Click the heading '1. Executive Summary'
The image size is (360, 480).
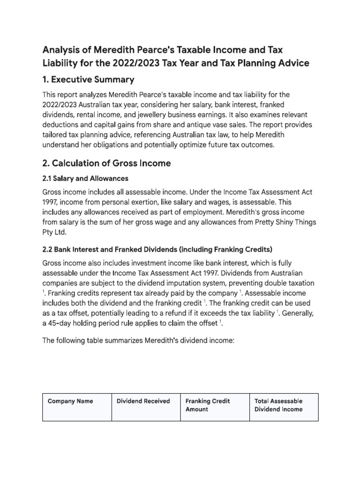(x=88, y=79)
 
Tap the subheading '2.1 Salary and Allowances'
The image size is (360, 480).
(x=85, y=179)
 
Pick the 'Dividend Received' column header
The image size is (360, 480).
(x=143, y=401)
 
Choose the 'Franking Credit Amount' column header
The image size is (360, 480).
(x=208, y=405)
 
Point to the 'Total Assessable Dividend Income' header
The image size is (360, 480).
(x=278, y=405)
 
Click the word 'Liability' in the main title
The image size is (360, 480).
(x=60, y=63)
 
